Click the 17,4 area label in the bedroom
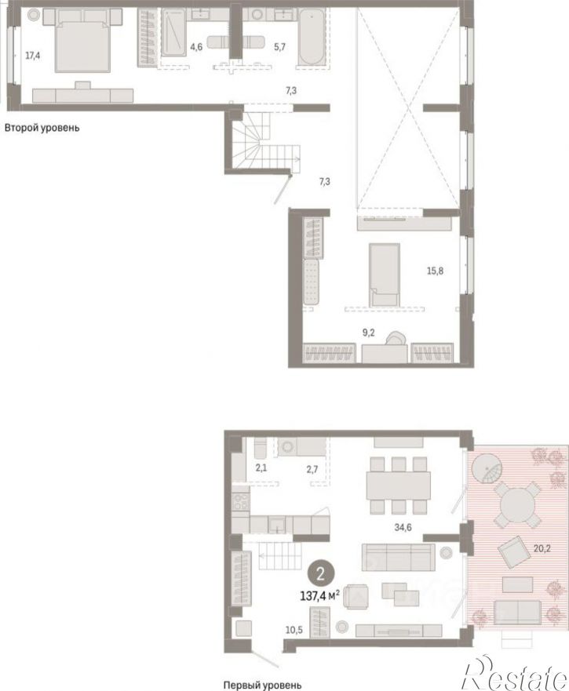point(33,56)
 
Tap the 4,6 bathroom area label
point(196,46)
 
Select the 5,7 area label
point(279,46)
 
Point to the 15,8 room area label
point(435,271)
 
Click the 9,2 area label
point(368,333)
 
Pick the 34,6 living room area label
point(403,526)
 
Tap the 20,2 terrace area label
point(542,549)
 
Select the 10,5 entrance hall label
point(294,630)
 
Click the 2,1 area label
point(261,468)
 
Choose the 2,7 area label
point(312,469)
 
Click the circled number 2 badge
point(321,573)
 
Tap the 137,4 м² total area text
point(319,596)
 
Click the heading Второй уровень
point(42,129)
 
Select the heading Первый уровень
point(262,686)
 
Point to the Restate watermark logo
point(514,674)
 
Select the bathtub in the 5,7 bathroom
point(312,38)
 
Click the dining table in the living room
point(399,486)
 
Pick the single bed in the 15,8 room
point(385,275)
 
